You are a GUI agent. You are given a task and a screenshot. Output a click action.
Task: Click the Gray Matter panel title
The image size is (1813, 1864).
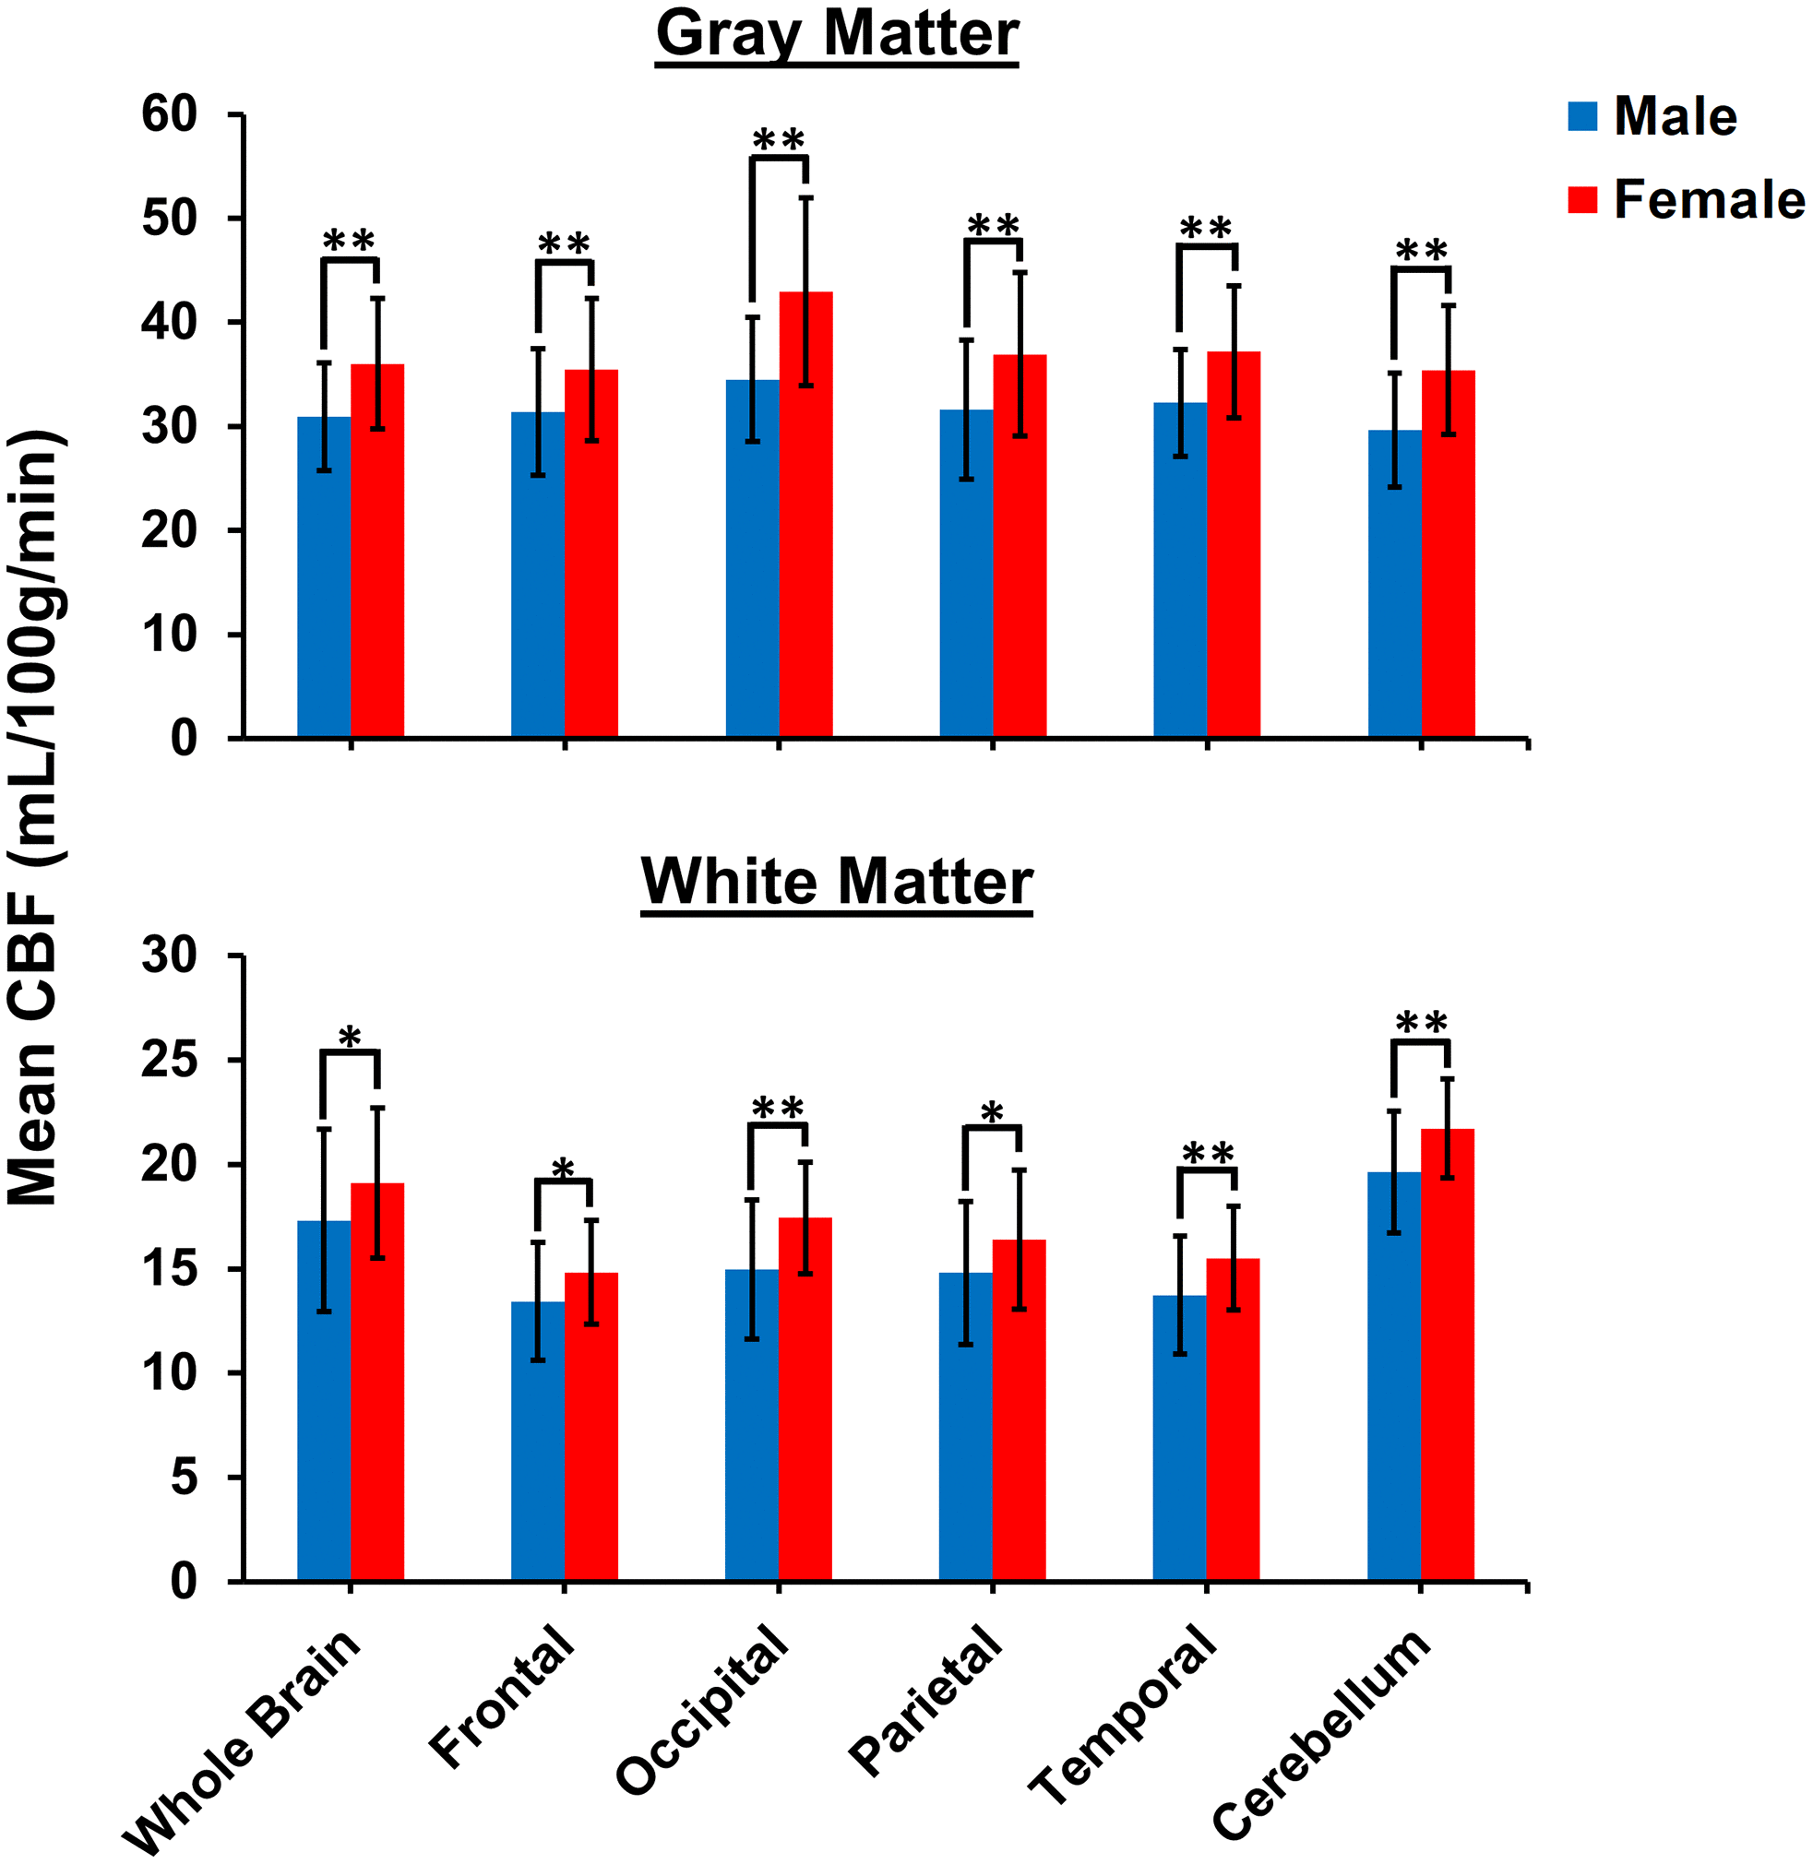(x=837, y=34)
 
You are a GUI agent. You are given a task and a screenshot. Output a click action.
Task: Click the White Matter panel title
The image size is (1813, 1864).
(x=837, y=882)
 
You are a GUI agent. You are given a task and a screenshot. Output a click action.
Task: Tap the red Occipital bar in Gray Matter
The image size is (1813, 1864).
(x=805, y=514)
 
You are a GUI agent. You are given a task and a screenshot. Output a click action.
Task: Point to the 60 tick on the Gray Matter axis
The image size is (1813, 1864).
(x=170, y=115)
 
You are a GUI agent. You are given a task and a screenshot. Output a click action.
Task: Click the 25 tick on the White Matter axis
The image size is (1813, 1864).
(x=170, y=1061)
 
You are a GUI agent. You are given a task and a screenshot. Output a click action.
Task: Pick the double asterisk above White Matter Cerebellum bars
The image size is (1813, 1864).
(x=1421, y=1026)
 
